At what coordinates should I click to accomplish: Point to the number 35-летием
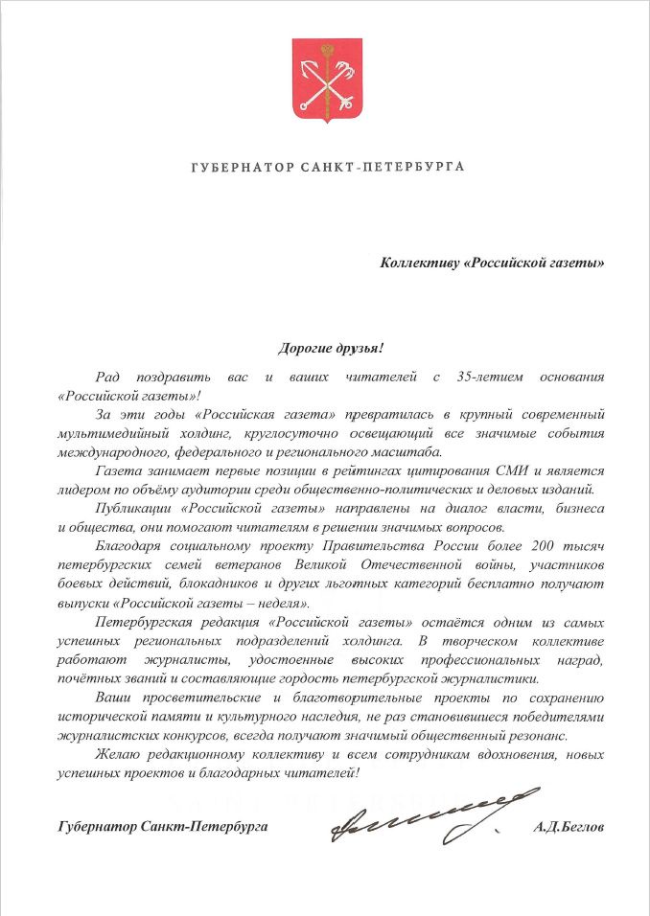(x=495, y=378)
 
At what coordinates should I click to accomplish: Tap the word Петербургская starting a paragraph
(x=142, y=621)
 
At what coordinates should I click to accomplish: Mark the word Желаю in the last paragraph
(x=117, y=754)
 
